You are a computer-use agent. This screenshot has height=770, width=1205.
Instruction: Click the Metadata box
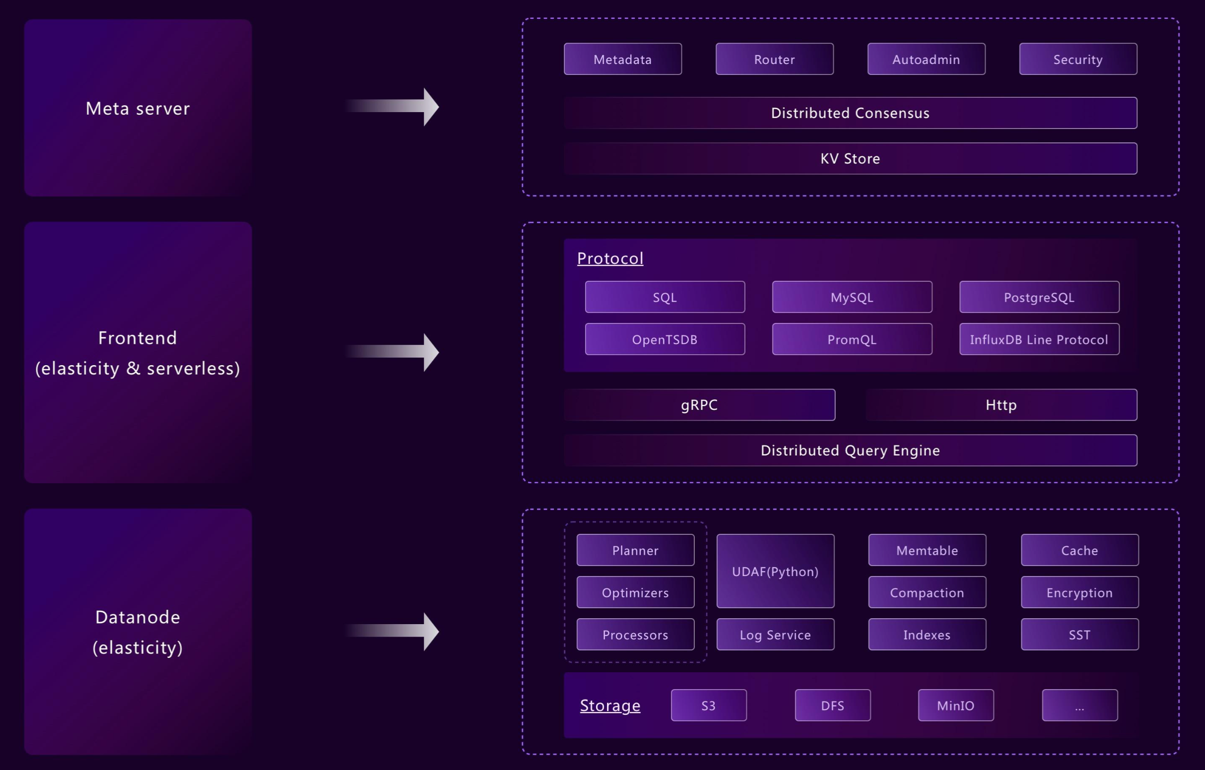click(622, 59)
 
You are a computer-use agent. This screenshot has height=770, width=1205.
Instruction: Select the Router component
click(774, 59)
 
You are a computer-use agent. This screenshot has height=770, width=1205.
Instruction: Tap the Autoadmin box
click(926, 59)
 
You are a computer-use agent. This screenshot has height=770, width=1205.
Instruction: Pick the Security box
click(1078, 59)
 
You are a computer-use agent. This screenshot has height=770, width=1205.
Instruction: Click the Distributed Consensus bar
click(850, 113)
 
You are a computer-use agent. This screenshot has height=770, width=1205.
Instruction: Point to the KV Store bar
click(850, 159)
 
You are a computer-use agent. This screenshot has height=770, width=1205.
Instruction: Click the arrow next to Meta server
click(396, 107)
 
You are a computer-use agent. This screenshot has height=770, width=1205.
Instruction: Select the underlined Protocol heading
click(610, 258)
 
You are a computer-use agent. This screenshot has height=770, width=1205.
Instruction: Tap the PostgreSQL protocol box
click(1039, 297)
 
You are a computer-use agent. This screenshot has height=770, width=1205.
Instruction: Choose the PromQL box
click(852, 339)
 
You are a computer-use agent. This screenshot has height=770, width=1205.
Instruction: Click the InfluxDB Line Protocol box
click(1039, 339)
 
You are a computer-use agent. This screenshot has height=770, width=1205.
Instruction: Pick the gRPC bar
click(699, 405)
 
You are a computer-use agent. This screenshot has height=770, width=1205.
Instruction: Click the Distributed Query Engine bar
click(850, 450)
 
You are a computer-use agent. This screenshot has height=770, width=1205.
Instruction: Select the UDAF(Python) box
click(775, 571)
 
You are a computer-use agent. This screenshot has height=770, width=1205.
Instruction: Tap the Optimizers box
click(635, 592)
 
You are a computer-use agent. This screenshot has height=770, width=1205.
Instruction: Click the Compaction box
click(927, 592)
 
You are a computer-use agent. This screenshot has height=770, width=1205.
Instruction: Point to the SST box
click(1079, 635)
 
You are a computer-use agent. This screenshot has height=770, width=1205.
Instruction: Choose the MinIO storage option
click(955, 705)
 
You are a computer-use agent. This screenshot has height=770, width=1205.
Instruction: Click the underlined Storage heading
click(610, 705)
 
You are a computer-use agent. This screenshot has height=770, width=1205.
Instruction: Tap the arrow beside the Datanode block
click(396, 631)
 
